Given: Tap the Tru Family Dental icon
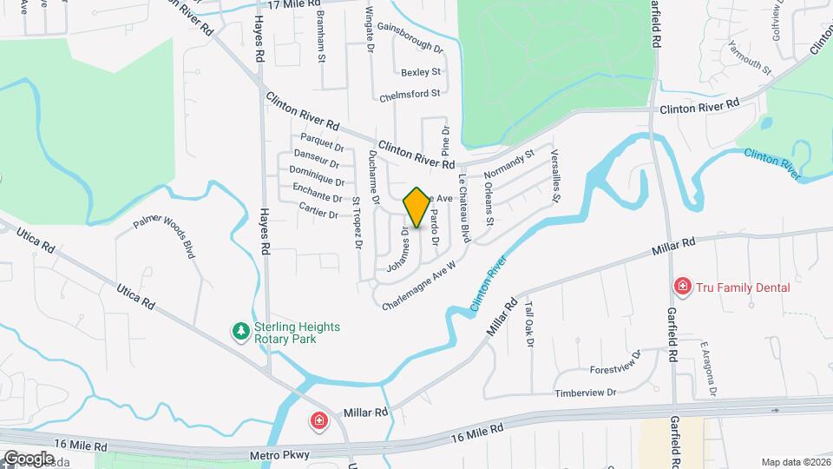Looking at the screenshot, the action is pos(683,287).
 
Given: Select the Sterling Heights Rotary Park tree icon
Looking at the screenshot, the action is pos(239,330).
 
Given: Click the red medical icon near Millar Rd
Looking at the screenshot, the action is pos(320,421).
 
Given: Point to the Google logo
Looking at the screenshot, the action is pos(29,458).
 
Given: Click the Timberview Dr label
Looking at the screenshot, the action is pos(586,393).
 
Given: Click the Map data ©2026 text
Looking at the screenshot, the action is pos(794,462).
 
